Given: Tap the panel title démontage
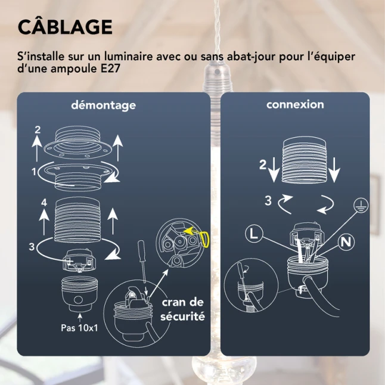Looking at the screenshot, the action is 103,105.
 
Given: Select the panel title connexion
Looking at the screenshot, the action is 295,105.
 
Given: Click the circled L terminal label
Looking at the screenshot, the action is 254,234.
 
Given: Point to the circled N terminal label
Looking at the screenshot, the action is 346,242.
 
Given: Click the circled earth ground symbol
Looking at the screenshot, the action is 361,205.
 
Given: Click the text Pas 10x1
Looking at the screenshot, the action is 79,328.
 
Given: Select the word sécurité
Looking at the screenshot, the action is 183,316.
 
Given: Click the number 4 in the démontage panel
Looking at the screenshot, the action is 44,203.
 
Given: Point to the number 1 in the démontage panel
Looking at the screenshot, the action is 34,172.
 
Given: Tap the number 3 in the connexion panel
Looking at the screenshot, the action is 268,201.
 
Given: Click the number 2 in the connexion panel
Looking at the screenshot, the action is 263,164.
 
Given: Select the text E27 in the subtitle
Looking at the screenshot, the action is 110,69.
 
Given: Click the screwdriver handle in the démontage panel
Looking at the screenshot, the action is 142,251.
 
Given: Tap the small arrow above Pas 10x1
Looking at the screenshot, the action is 80,318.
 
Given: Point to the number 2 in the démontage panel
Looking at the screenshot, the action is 38,130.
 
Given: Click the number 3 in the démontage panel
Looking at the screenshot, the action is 32,247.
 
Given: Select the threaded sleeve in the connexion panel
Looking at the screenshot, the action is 305,160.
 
